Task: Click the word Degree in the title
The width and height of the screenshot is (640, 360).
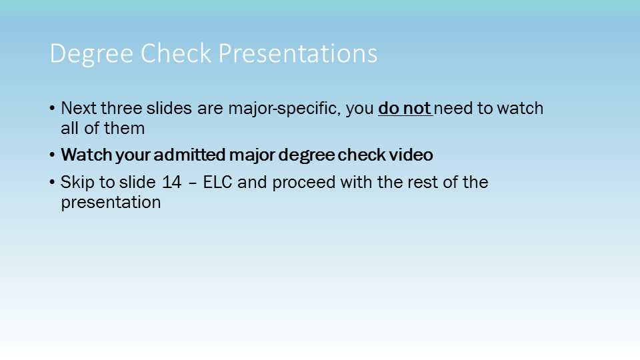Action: (91, 54)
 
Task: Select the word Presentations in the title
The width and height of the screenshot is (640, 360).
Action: (297, 53)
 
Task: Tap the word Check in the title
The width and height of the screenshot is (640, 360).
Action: (176, 53)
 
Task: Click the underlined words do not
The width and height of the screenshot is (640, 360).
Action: (405, 108)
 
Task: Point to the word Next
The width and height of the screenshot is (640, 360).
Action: (79, 108)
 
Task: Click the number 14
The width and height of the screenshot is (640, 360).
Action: (172, 183)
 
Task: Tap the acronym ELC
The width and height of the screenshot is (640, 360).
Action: (217, 183)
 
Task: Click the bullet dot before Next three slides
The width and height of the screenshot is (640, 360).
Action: (52, 109)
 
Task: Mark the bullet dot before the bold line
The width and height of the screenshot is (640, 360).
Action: (52, 155)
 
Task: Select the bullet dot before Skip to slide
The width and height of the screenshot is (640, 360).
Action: (52, 183)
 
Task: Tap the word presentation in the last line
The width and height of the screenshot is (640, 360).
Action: (111, 203)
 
